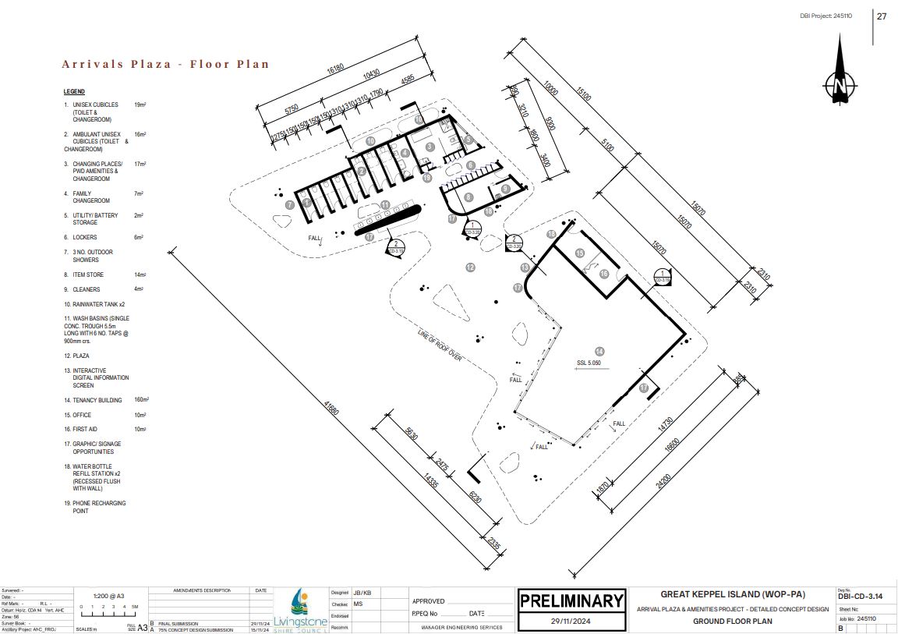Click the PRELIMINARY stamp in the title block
click(571, 600)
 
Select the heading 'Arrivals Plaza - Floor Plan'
click(165, 64)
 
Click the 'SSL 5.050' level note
click(588, 363)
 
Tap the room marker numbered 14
click(599, 351)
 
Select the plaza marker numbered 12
click(470, 267)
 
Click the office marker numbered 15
click(580, 253)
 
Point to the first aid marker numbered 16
click(604, 274)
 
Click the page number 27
click(882, 16)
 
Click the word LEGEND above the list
click(74, 91)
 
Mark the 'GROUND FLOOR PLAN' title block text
click(732, 622)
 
